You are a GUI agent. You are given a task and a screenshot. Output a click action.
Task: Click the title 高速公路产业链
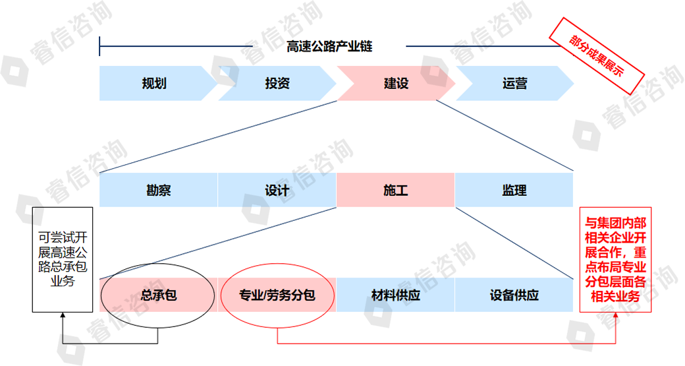tap(329, 47)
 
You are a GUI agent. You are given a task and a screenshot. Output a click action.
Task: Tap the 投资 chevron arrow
tap(277, 84)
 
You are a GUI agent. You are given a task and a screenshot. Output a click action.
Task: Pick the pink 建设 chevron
tap(396, 84)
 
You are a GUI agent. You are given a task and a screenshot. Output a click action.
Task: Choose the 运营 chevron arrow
tap(514, 84)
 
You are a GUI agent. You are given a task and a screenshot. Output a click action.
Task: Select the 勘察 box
tap(158, 191)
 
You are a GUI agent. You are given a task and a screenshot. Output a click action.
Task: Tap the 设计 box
tap(277, 191)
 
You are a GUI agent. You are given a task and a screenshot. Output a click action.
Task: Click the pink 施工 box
tap(395, 191)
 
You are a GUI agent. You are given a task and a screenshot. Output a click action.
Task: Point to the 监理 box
tap(514, 191)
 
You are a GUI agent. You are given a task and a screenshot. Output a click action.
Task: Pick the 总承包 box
tap(158, 295)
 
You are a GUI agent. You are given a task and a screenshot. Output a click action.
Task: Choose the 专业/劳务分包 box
tap(277, 295)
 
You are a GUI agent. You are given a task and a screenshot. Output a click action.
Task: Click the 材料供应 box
tap(395, 295)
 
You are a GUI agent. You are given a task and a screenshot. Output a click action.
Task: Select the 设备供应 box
tap(514, 295)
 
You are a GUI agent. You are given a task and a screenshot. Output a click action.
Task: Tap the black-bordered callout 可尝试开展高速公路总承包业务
tap(63, 259)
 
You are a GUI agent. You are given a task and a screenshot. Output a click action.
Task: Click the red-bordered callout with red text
tap(615, 259)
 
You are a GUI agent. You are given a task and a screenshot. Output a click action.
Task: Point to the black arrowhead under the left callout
tap(63, 317)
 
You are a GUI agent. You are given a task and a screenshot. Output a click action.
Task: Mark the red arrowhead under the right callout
tap(615, 317)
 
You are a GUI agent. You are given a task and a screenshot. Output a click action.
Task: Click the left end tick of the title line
tap(99, 47)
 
